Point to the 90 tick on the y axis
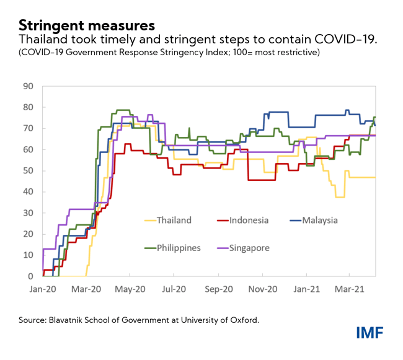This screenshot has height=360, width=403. pos(29,86)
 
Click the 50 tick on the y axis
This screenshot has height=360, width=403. pos(29,170)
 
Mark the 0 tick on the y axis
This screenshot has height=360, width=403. pos(31,276)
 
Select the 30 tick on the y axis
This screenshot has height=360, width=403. pos(29,213)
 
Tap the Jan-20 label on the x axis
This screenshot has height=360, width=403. pos(42,289)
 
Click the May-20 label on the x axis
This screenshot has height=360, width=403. pos(130,289)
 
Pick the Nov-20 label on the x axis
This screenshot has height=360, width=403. pos(263,289)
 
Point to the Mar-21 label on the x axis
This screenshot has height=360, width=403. pos(350,289)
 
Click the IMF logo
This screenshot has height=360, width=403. pos(370,333)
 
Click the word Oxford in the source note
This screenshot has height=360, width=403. pos(242,320)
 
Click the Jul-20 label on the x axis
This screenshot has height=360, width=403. pos(175,289)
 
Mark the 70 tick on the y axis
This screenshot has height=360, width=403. pos(29,128)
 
